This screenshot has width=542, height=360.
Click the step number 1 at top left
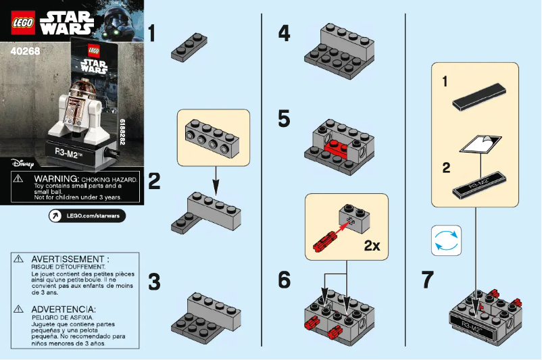click(155, 34)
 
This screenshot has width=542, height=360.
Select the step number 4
click(285, 33)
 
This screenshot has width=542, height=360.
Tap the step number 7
click(427, 280)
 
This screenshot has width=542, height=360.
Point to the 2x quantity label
click(371, 246)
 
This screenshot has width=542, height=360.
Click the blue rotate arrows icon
click(446, 241)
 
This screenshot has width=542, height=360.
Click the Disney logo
click(22, 163)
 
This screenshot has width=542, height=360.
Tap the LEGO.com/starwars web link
click(87, 215)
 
